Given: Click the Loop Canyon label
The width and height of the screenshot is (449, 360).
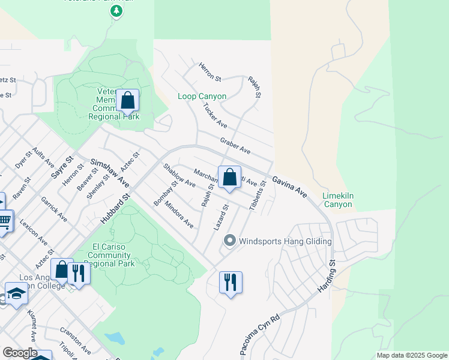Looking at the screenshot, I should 202,96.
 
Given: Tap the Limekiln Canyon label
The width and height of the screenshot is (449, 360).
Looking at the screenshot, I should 337,200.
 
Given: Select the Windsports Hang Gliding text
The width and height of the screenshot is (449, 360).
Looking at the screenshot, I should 285,242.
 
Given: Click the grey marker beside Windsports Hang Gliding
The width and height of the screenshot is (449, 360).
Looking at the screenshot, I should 229,241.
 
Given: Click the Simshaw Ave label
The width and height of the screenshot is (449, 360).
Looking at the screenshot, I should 110,172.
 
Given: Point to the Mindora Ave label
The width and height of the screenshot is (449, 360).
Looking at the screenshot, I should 179,218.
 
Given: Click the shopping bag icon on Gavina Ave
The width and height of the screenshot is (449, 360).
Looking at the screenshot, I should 229,177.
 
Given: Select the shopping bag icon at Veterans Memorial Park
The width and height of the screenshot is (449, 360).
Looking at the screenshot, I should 127,100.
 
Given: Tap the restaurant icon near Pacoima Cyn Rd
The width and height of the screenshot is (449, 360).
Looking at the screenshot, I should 231,281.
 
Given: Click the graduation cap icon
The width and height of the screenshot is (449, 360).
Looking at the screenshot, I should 16,294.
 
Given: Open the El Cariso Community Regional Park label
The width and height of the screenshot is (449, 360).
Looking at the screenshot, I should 112,255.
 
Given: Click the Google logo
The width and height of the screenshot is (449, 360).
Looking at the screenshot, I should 19,353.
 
